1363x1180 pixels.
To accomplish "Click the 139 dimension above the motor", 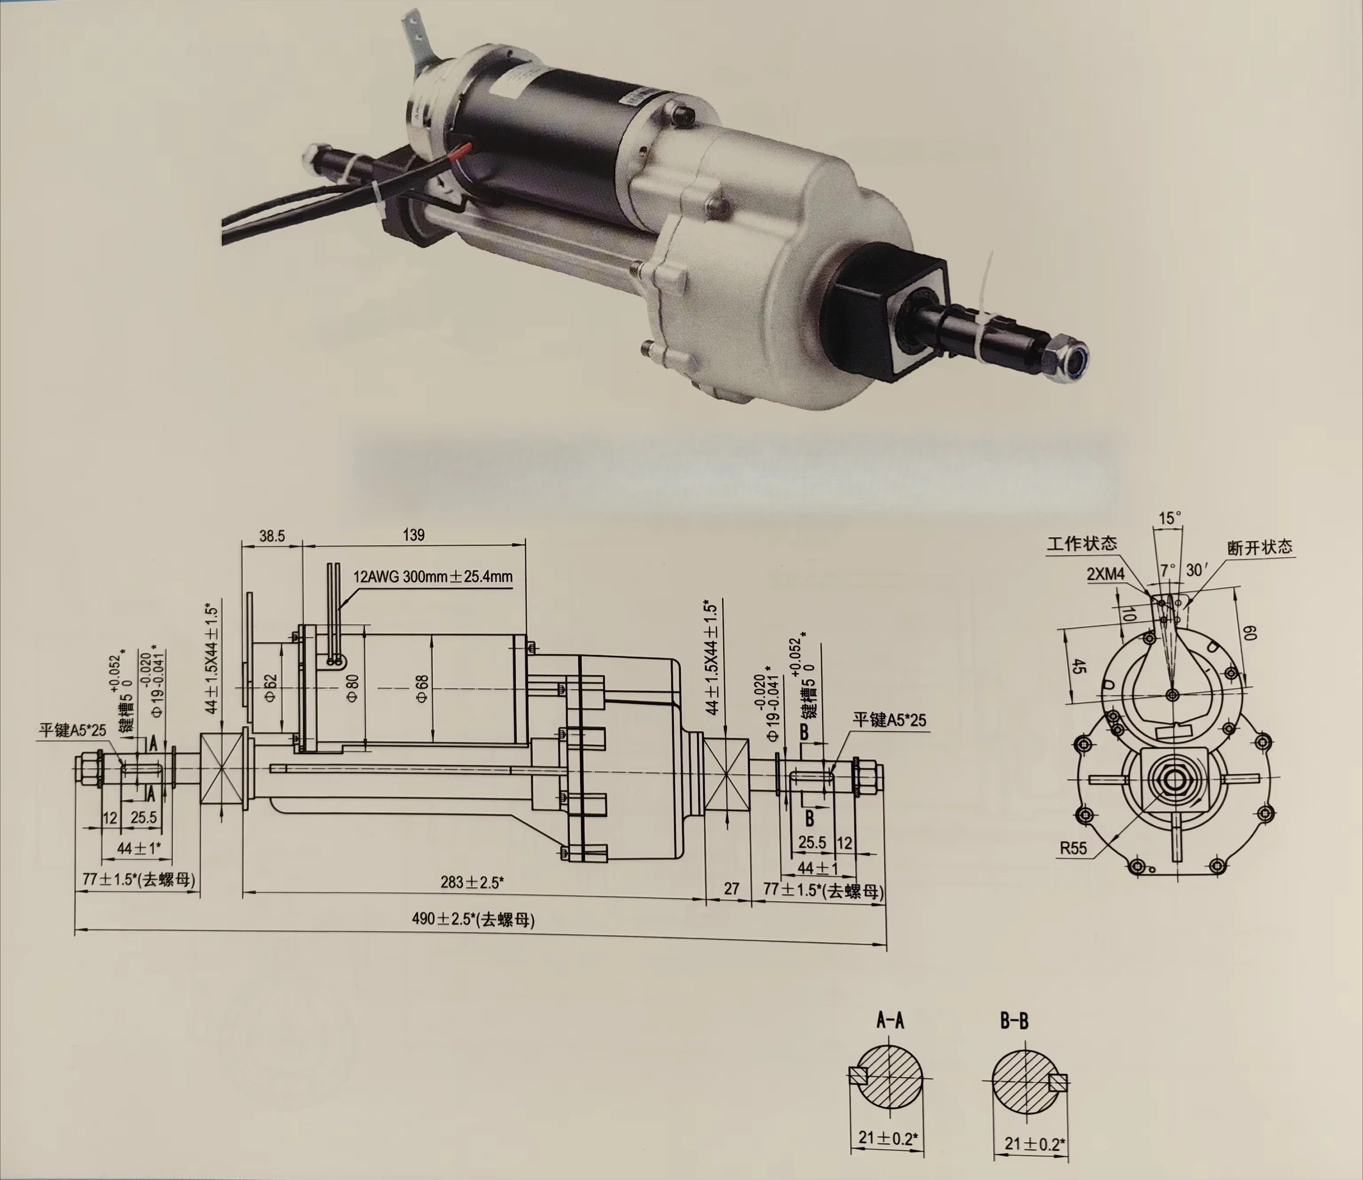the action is tap(413, 535).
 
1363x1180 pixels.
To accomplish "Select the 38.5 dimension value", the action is tap(272, 536).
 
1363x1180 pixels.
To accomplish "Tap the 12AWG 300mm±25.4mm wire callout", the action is tap(433, 577).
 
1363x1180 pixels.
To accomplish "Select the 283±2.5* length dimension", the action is tap(472, 882).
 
